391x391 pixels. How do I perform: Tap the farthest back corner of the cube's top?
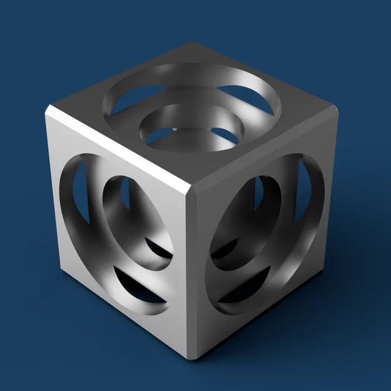(x=192, y=44)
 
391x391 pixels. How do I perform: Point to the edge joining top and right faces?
(x=263, y=150)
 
